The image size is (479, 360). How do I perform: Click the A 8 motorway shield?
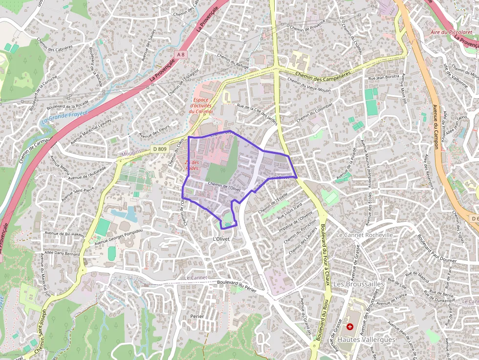point(181,54)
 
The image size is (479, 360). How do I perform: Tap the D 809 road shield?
point(159,148)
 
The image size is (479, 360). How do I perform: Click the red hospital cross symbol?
point(350,326)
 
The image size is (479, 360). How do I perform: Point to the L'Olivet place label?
point(221,239)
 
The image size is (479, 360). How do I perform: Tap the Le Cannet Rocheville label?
point(365,235)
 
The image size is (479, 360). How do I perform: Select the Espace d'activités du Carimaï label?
point(201,106)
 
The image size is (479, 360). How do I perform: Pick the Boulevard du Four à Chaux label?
point(325,254)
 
